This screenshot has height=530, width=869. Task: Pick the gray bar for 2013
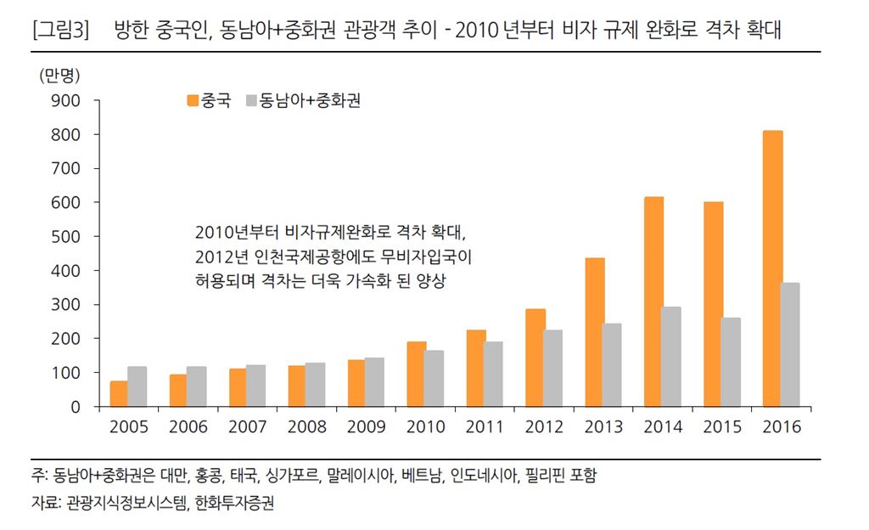coord(612,364)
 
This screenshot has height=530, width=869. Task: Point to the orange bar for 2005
coord(119,393)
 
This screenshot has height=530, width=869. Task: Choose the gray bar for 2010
coord(434,378)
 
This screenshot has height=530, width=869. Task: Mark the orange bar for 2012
coord(535,358)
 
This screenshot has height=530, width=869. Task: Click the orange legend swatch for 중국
coord(193,101)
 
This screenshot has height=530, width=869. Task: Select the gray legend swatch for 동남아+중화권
coord(252,101)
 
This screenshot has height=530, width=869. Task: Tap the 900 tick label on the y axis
coord(67,101)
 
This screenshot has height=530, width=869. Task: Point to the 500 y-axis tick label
coord(67,237)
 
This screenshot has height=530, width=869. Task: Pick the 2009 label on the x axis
coord(366,427)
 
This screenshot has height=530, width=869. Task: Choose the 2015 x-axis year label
coord(722,427)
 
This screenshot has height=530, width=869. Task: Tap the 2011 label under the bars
coord(485,427)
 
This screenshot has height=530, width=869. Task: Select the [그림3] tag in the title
coord(59,33)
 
